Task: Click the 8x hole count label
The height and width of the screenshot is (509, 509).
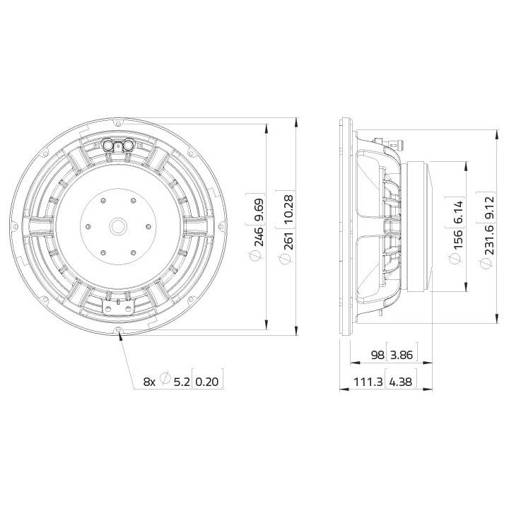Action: (149, 382)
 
